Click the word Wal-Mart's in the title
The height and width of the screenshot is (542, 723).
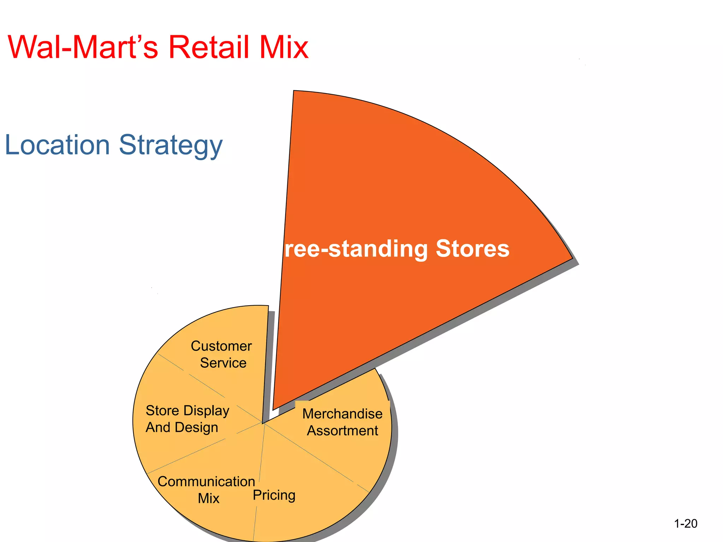pyautogui.click(x=83, y=47)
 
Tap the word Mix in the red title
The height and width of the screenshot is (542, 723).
pyautogui.click(x=284, y=47)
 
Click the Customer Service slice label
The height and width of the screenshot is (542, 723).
pyautogui.click(x=222, y=354)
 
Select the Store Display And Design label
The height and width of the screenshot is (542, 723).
pyautogui.click(x=187, y=419)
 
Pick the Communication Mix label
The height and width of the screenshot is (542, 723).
pyautogui.click(x=206, y=490)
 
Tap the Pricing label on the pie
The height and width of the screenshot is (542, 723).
pyautogui.click(x=274, y=495)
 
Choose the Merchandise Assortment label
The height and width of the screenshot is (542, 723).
pyautogui.click(x=342, y=422)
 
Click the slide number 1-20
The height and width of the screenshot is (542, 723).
pyautogui.click(x=686, y=523)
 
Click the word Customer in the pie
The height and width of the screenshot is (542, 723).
pyautogui.click(x=221, y=346)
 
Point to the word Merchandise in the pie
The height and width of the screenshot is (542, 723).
pyautogui.click(x=342, y=414)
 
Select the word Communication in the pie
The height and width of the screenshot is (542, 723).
pyautogui.click(x=206, y=482)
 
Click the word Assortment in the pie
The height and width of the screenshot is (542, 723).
pyautogui.click(x=342, y=430)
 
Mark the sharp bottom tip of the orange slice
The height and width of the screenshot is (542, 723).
pyautogui.click(x=274, y=409)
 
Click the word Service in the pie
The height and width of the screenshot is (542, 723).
pyautogui.click(x=223, y=363)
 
